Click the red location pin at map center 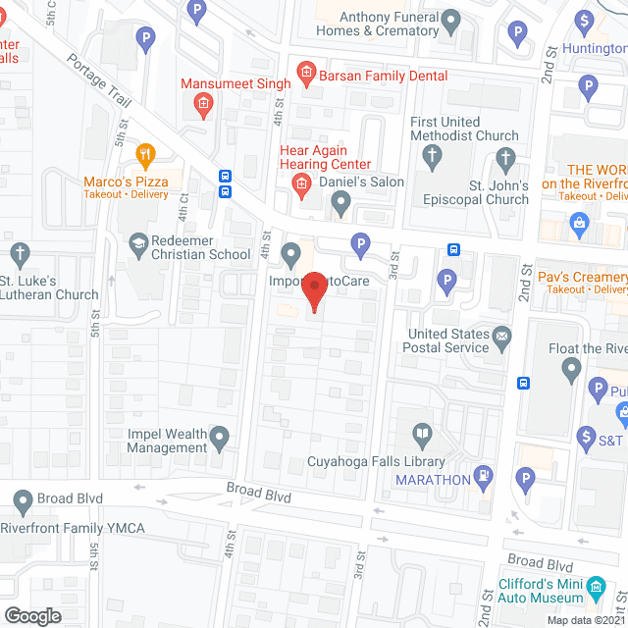[x=314, y=291]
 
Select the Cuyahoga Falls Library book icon [x=422, y=433]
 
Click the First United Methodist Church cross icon [x=431, y=156]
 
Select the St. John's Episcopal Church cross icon [x=505, y=158]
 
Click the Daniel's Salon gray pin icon [x=340, y=204]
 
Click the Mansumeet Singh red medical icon [x=204, y=104]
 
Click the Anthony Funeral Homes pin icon [x=450, y=19]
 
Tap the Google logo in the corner [x=32, y=615]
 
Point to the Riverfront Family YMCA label [x=73, y=529]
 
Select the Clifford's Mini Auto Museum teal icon [x=596, y=594]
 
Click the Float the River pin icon [x=572, y=371]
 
